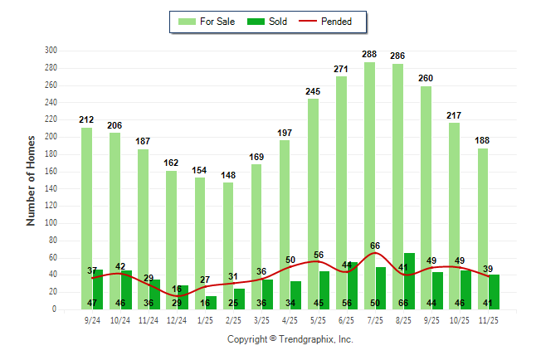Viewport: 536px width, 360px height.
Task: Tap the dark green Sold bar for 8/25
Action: pyautogui.click(x=409, y=282)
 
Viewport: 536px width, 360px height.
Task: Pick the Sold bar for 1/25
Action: pyautogui.click(x=211, y=303)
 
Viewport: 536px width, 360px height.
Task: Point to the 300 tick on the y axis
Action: pyautogui.click(x=51, y=51)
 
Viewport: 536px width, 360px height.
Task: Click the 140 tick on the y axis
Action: pyautogui.click(x=51, y=188)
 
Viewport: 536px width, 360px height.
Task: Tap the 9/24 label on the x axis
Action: pyautogui.click(x=92, y=319)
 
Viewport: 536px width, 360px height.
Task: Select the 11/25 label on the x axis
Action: pyautogui.click(x=489, y=319)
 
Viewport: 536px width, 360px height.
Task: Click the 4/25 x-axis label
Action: pyautogui.click(x=290, y=319)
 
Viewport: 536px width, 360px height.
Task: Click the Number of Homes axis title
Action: pyautogui.click(x=32, y=180)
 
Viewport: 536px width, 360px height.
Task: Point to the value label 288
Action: pyautogui.click(x=369, y=55)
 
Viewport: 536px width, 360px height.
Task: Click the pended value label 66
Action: pyautogui.click(x=375, y=246)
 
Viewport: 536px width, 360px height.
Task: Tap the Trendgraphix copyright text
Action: pyautogui.click(x=290, y=339)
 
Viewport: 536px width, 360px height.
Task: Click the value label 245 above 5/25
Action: pyautogui.click(x=313, y=92)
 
